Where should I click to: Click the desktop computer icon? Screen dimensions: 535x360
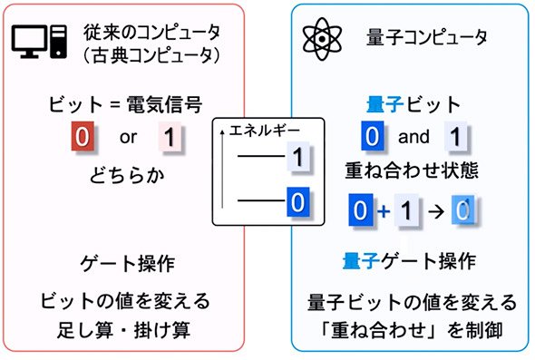click(x=39, y=42)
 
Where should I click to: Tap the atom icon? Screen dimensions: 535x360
click(x=322, y=39)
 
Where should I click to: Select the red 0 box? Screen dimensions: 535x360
click(x=83, y=136)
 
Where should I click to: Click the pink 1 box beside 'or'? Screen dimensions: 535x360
click(x=170, y=137)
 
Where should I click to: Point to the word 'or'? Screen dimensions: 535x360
click(x=128, y=137)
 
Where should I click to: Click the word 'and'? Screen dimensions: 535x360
click(x=413, y=137)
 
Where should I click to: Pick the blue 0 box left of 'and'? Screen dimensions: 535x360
click(x=373, y=135)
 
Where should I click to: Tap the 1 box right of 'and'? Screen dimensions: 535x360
click(x=455, y=136)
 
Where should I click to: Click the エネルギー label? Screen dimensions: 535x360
click(x=265, y=130)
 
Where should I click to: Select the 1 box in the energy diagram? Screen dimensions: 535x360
click(x=298, y=157)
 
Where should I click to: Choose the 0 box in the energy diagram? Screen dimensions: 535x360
click(x=297, y=201)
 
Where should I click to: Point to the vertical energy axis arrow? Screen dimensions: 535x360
click(x=222, y=169)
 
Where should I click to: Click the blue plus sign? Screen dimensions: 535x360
click(x=384, y=211)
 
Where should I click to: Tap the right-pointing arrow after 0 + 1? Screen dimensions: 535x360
click(x=436, y=211)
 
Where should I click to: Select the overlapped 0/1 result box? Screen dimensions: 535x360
click(x=463, y=209)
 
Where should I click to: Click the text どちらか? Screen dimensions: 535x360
click(x=127, y=175)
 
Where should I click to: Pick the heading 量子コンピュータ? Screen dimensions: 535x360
click(x=426, y=37)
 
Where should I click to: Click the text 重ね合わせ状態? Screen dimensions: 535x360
click(x=412, y=170)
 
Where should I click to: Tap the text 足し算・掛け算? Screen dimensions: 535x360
click(x=123, y=330)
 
